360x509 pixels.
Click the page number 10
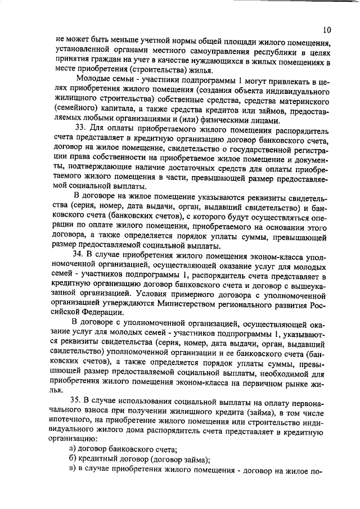328,29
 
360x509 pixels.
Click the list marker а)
72,448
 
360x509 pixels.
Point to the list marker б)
72,458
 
